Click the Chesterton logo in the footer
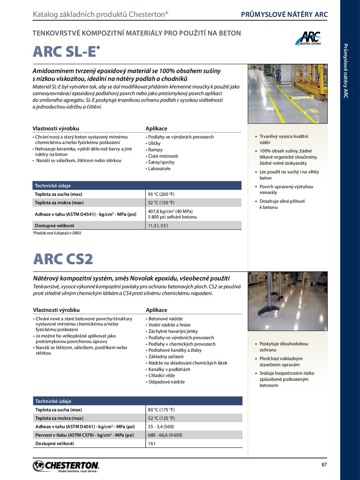(66, 466)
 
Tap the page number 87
(324, 465)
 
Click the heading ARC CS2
(63, 259)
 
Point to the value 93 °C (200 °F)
(161, 194)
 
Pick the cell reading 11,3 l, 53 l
(158, 226)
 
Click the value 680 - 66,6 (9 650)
(165, 435)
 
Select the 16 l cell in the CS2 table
(152, 444)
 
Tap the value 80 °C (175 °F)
(161, 410)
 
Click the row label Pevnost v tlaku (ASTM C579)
(84, 435)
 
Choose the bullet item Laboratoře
(159, 169)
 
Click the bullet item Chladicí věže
(162, 376)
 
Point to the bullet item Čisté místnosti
(163, 156)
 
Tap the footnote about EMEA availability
(57, 233)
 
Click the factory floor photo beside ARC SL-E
(288, 94)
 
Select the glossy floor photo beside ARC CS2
(288, 301)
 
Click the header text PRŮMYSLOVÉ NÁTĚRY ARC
(284, 15)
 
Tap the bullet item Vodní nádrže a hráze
(169, 325)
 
